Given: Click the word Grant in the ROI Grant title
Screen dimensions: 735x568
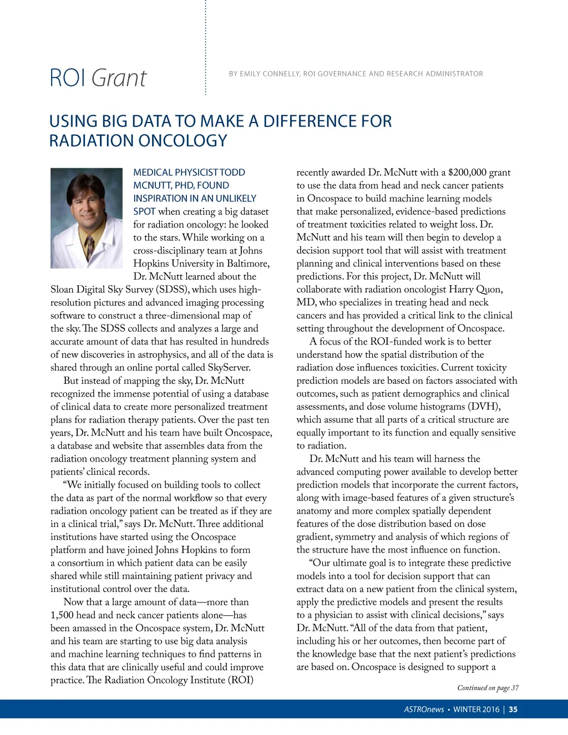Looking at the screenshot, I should pyautogui.click(x=119, y=78).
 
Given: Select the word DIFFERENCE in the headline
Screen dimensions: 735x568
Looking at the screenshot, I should pyautogui.click(x=313, y=121).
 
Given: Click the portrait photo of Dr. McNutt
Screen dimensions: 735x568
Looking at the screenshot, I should pyautogui.click(x=87, y=218).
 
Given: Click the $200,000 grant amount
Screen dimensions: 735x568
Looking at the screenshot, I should pyautogui.click(x=471, y=173).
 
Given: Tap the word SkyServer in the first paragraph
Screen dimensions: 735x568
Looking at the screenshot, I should pyautogui.click(x=229, y=367).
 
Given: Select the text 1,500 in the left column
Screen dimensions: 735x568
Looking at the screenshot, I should pyautogui.click(x=62, y=615).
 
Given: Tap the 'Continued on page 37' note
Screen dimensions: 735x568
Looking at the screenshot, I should pyautogui.click(x=488, y=688).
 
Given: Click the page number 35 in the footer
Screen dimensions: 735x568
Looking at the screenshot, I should pyautogui.click(x=513, y=709).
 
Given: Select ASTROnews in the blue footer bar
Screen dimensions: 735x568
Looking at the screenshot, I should pyautogui.click(x=424, y=709).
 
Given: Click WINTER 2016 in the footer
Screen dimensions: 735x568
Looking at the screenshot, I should pyautogui.click(x=476, y=709).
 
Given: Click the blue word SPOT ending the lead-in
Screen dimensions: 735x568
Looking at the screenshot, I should pyautogui.click(x=144, y=211).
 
